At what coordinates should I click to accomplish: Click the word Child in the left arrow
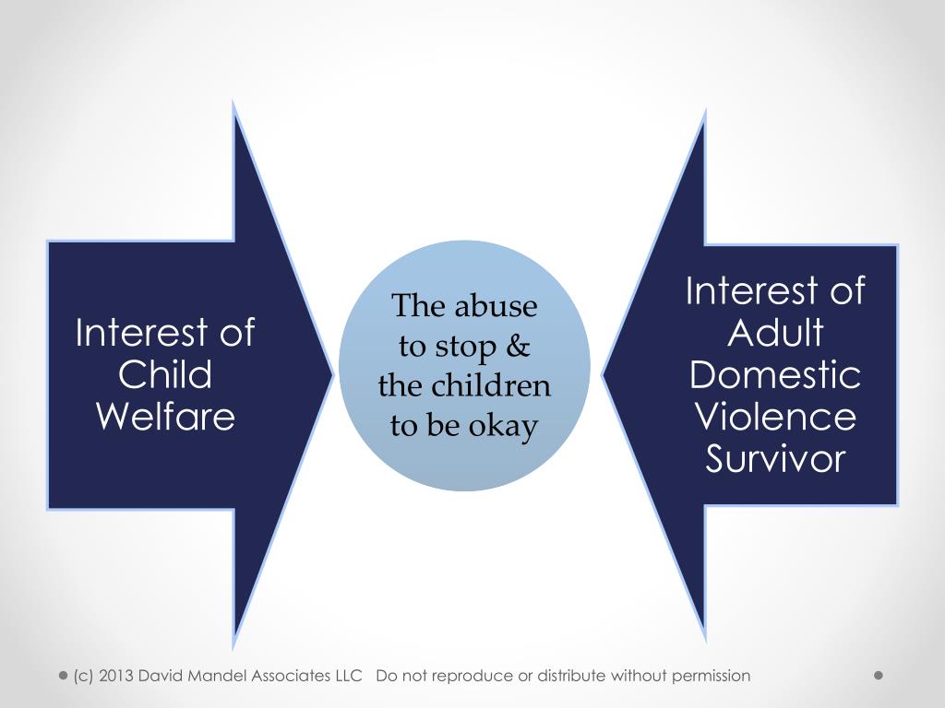point(166,375)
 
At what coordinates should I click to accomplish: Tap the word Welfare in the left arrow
point(166,417)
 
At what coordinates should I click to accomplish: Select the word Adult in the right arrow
point(775,333)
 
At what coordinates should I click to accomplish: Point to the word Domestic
point(775,375)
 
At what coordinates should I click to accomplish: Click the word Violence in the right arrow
point(775,417)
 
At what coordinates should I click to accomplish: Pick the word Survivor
point(775,459)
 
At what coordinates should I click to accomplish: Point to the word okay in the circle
point(507,426)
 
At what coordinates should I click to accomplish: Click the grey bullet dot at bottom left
point(64,676)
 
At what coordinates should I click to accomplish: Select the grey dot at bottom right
point(879,676)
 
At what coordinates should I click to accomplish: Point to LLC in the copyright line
point(347,676)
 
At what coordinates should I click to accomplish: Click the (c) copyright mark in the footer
point(83,676)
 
